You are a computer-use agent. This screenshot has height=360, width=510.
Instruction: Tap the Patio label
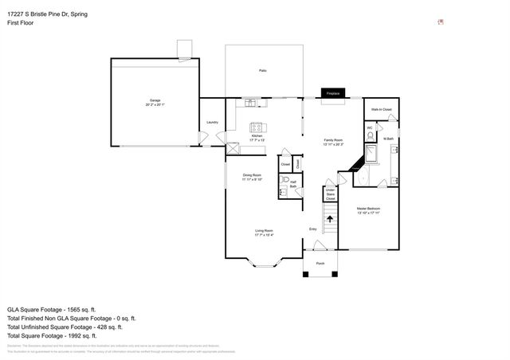coord(262,71)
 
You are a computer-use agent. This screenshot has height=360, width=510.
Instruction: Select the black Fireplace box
coord(332,93)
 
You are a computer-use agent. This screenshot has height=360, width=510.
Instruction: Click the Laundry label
coord(212,122)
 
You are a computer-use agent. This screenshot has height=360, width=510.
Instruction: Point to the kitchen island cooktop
coord(257,127)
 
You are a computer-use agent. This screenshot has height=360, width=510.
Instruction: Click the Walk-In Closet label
coord(381,109)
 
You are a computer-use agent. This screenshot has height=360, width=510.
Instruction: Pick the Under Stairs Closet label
coord(330,194)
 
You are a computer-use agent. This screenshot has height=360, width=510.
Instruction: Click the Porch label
coord(320,263)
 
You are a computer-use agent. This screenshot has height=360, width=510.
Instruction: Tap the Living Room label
coord(264,233)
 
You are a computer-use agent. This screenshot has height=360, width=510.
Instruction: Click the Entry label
coord(313,230)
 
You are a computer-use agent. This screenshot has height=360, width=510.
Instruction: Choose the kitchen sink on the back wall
coord(253,103)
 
